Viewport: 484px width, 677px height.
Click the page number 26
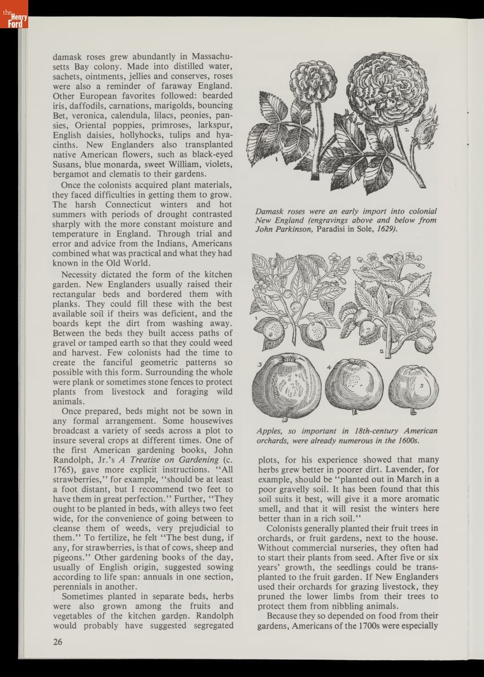[58, 641]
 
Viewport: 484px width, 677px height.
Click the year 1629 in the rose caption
[387, 230]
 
